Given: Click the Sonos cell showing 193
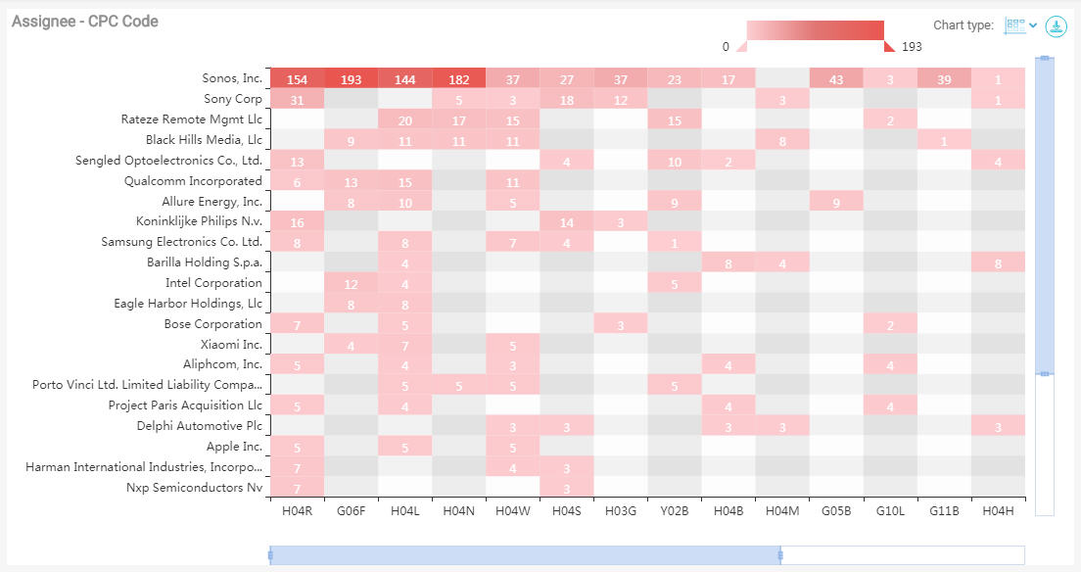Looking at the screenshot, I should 351,79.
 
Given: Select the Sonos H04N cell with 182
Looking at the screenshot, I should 458,79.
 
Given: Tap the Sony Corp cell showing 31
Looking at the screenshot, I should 297,100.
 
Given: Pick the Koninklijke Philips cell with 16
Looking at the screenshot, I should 297,222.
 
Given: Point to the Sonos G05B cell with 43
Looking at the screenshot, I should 836,79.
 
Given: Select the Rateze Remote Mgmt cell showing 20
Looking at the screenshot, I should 404,120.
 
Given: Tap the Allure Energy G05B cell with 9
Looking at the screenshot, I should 836,202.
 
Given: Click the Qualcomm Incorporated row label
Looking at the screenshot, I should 193,181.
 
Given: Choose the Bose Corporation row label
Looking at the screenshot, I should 212,324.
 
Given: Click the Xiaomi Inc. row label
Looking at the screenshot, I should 231,345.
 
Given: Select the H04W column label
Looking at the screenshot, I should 512,510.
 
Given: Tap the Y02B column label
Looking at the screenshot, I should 674,510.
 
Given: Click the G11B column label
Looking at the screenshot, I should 944,510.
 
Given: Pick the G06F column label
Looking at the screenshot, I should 351,510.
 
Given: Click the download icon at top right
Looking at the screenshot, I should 1056,26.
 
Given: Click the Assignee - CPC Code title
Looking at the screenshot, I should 85,22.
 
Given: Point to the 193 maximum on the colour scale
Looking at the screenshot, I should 912,47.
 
